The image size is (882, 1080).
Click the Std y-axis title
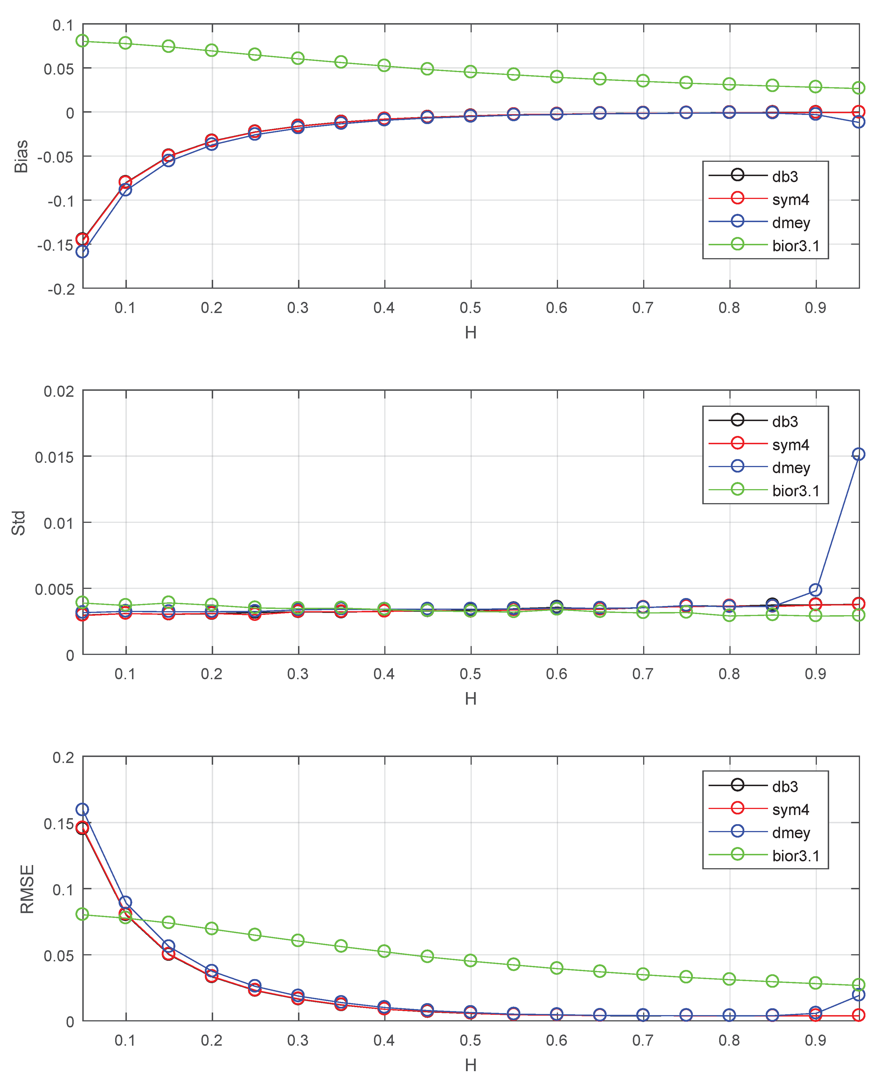coord(19,523)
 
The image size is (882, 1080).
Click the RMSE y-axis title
coord(26,889)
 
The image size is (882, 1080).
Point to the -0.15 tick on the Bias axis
coord(56,245)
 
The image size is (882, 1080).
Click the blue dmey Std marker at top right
coord(858,454)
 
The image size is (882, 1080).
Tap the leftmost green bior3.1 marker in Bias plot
coord(82,41)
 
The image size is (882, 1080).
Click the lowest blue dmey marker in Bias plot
coord(82,251)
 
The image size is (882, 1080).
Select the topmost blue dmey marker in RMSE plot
coord(82,809)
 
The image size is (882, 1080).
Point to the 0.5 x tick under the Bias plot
coord(471,308)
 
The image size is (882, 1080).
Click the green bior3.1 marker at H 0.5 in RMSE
coord(471,960)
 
